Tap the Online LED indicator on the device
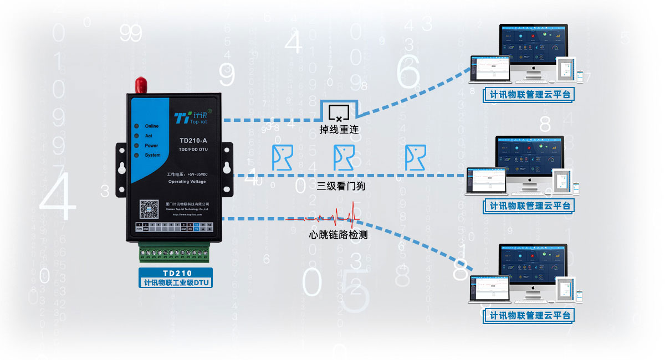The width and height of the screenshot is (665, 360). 136,126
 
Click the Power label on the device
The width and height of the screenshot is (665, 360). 151,146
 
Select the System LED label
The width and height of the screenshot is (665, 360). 152,155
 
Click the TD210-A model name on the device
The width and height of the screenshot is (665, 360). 193,140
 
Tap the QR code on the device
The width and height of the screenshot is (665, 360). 150,208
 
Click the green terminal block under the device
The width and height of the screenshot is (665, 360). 175,254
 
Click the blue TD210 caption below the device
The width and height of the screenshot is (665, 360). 177,273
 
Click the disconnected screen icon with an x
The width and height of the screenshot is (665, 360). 339,112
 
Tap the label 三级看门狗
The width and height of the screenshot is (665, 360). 341,187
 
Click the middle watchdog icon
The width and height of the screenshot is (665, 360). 343,157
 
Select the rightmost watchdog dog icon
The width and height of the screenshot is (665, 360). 415,157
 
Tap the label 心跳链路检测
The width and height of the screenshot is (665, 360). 338,235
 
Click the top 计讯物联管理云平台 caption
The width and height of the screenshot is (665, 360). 529,95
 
